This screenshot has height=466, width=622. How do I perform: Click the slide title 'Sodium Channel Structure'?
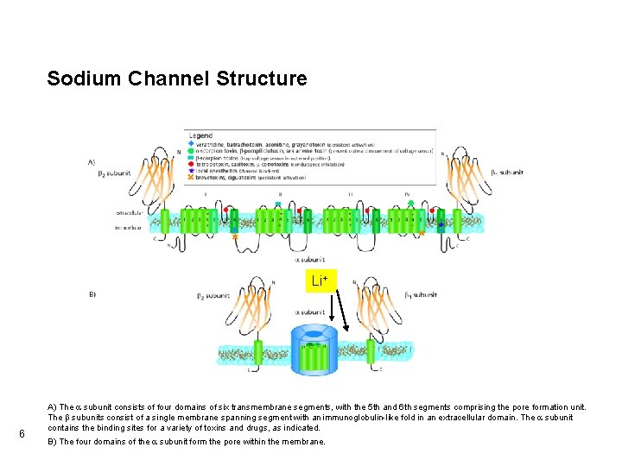point(176,79)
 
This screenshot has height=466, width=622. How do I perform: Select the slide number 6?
point(22,433)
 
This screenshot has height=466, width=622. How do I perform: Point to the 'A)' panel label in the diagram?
point(92,161)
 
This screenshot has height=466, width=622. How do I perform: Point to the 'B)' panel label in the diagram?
point(92,294)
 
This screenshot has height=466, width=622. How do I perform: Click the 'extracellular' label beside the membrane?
point(130,211)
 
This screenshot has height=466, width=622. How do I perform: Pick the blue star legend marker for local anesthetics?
point(191,172)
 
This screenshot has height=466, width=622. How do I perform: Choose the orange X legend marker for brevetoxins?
point(191,179)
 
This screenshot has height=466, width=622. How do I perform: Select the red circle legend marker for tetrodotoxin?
point(191,165)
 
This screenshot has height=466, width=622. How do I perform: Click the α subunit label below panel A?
point(313,258)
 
